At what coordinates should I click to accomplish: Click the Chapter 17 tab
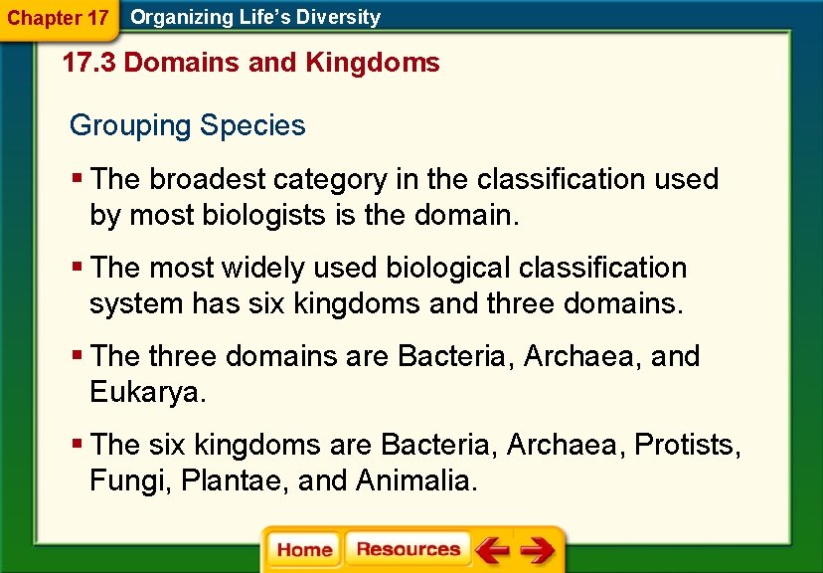click(x=58, y=18)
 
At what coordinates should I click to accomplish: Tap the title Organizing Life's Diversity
click(x=255, y=17)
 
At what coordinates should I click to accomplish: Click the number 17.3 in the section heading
click(x=89, y=64)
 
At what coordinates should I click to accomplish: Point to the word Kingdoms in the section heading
click(x=373, y=64)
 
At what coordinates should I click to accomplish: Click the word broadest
click(x=208, y=180)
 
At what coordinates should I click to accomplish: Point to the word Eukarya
click(x=146, y=392)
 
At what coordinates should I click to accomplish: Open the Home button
click(x=304, y=550)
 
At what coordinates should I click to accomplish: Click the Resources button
click(x=408, y=550)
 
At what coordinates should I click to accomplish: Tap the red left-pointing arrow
click(x=491, y=550)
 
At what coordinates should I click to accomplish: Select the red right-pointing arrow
click(x=537, y=550)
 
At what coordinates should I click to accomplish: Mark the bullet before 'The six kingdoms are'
click(x=78, y=445)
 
